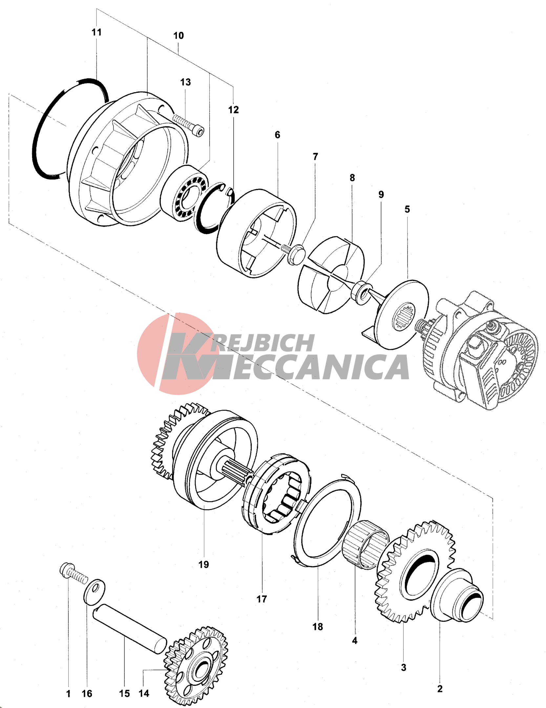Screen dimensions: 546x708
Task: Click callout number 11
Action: tap(96, 32)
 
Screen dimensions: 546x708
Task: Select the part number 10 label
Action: tap(178, 35)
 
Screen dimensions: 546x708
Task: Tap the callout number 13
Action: tap(185, 82)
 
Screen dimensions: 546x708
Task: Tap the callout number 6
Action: tap(278, 135)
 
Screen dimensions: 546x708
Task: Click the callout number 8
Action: tap(352, 178)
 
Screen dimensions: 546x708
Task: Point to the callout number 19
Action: tap(203, 564)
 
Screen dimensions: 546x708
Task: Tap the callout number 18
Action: tap(318, 627)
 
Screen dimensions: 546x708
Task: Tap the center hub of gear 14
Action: tap(200, 672)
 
